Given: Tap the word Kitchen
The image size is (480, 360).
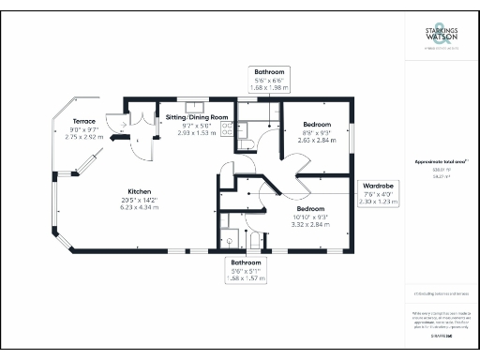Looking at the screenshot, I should (x=127, y=189).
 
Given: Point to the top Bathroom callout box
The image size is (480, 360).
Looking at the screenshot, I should (x=269, y=78).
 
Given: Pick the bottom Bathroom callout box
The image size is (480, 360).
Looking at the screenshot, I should (x=247, y=270).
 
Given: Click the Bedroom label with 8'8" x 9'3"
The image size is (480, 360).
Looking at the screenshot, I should (x=316, y=124).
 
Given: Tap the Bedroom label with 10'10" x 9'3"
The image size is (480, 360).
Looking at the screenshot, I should (x=310, y=207).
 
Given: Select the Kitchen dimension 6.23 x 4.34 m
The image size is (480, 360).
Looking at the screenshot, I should (x=127, y=205).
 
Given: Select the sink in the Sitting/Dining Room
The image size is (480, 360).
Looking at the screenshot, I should (x=198, y=107).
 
